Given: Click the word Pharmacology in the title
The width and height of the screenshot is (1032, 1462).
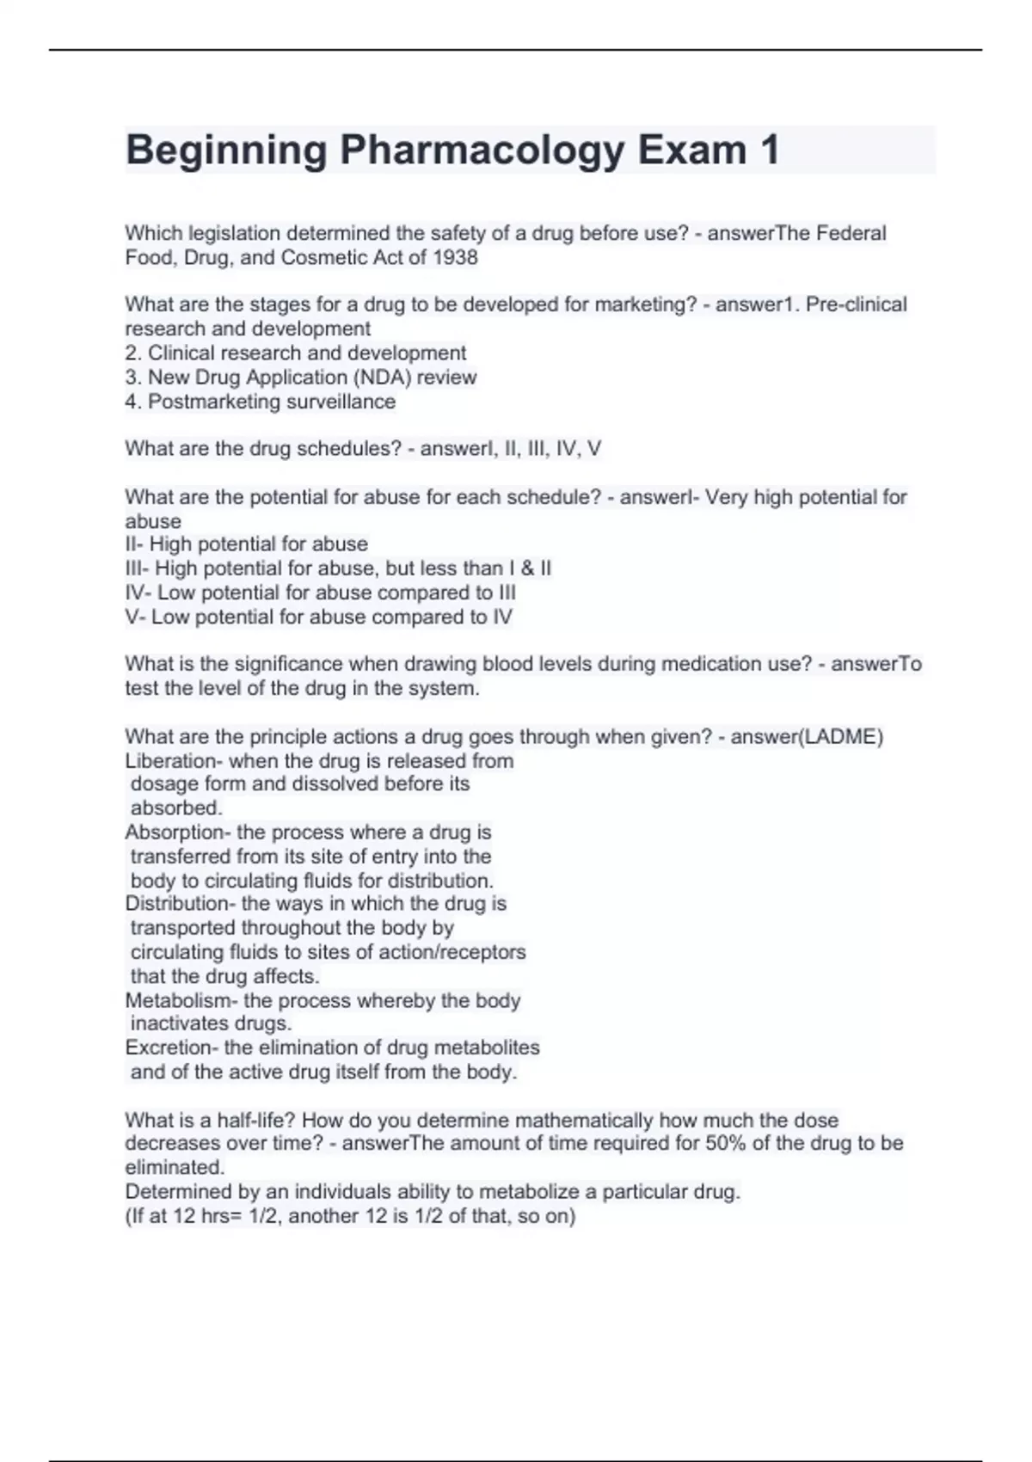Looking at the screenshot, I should tap(482, 150).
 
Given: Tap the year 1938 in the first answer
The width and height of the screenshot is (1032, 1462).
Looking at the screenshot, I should tap(455, 257).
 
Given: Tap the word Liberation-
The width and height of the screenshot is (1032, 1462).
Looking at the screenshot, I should tap(174, 761).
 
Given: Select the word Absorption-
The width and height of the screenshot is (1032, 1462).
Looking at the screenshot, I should tap(177, 832).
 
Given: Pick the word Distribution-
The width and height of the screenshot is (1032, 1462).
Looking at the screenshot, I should tap(180, 904).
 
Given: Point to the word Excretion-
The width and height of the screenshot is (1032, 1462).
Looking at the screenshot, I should tap(171, 1047).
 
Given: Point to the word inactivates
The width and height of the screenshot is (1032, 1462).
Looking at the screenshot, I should tap(179, 1023).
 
